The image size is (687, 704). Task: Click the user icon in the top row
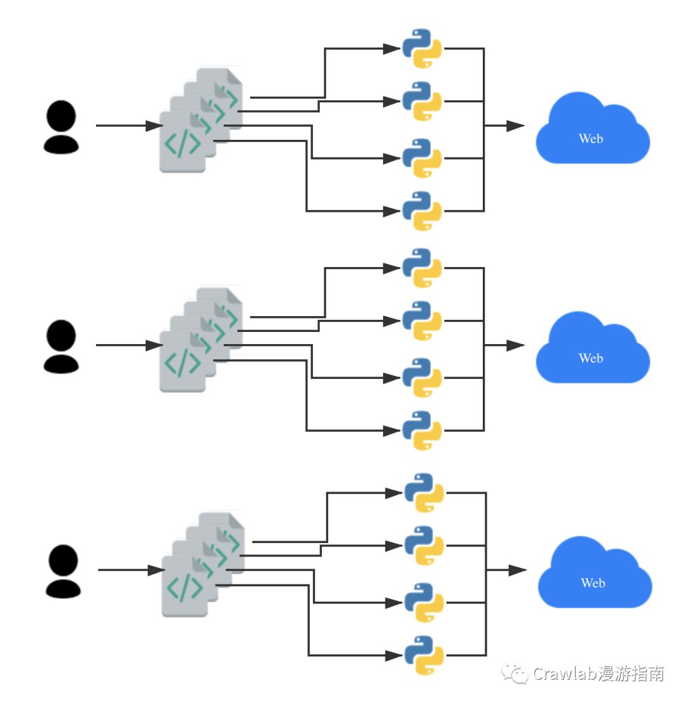61,127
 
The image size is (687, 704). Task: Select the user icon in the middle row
61,347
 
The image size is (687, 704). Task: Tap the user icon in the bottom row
64,571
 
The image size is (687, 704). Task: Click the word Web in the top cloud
591,138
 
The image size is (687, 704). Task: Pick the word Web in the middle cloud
591,358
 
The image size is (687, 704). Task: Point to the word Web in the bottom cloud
593,583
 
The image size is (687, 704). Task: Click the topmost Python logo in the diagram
422,48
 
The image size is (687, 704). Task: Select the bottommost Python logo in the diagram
424,656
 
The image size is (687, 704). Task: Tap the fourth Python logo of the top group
422,211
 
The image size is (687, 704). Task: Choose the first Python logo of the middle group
422,268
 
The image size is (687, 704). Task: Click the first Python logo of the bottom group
424,493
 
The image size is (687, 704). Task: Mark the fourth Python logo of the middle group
422,431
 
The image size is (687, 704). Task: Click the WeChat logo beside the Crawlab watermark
515,674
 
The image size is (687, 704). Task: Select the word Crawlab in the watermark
564,673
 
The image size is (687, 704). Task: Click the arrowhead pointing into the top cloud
515,126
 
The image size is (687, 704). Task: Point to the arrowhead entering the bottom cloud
518,570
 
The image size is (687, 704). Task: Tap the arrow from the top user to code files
129,126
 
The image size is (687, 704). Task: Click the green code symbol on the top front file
183,144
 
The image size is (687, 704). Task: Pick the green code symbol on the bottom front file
184,589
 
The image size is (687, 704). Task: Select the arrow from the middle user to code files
129,345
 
